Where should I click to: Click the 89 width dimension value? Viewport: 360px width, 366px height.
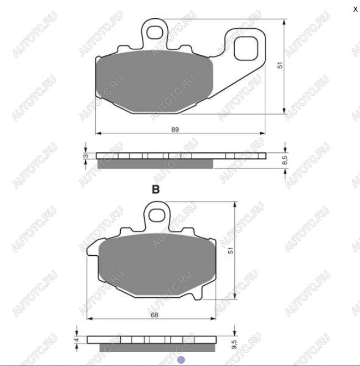point(175,130)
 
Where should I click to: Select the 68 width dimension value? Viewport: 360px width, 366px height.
point(155,315)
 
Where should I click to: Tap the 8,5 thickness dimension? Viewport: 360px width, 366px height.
point(285,161)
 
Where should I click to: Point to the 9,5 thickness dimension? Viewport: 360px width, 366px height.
point(234,344)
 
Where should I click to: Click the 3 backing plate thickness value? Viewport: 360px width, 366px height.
point(86,156)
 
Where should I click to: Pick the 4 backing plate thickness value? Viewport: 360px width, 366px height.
point(77,339)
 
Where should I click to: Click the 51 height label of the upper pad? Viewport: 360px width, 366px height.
point(280,65)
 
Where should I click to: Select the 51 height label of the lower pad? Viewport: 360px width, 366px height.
point(230,251)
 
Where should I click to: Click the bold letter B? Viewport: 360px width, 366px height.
point(156,189)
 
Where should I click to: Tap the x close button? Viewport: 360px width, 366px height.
point(356,9)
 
